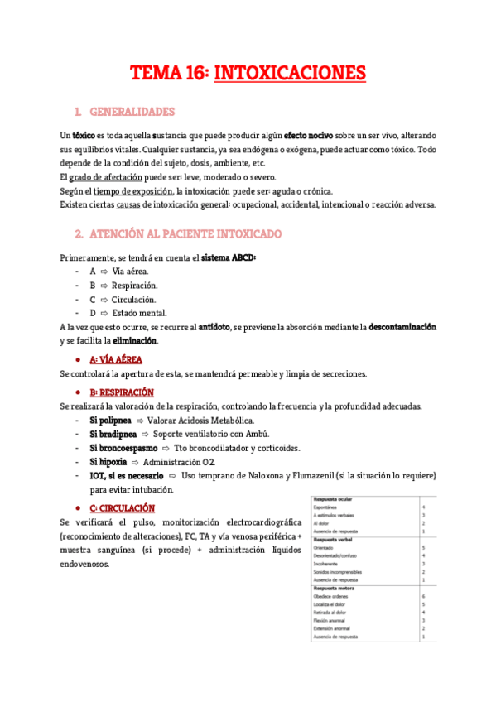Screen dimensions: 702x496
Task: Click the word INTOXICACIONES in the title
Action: point(290,74)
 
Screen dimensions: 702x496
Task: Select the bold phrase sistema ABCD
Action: point(229,258)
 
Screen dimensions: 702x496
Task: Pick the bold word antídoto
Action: point(214,327)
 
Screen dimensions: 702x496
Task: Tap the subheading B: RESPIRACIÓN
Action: point(122,392)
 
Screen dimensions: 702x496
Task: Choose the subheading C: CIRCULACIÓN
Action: point(122,507)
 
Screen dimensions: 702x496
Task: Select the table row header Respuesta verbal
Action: point(334,540)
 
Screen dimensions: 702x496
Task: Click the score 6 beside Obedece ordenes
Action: point(423,595)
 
